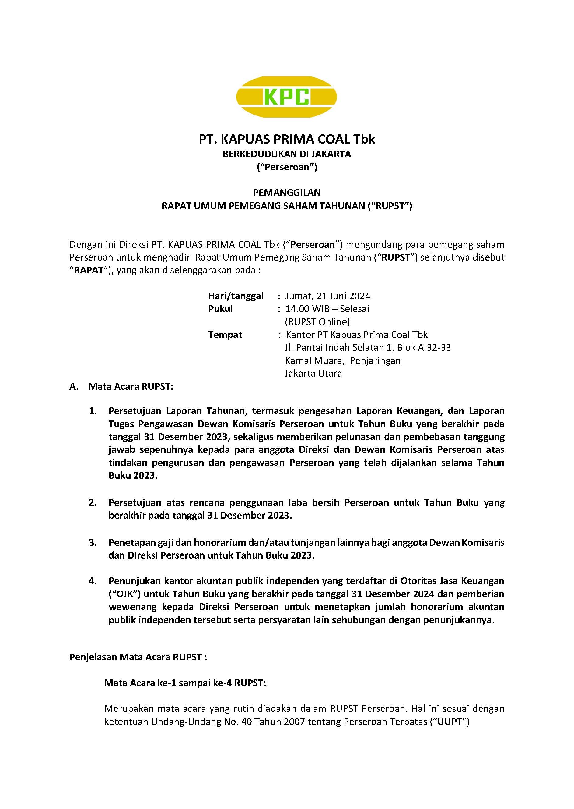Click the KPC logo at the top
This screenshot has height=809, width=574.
pyautogui.click(x=286, y=97)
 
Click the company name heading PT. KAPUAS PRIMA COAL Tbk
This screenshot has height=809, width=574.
pyautogui.click(x=287, y=139)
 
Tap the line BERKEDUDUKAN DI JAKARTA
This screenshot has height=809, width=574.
pyautogui.click(x=287, y=154)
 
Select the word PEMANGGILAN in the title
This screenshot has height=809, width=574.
pyautogui.click(x=287, y=193)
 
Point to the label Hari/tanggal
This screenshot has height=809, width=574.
pyautogui.click(x=235, y=296)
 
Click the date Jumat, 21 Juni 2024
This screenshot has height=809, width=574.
pyautogui.click(x=328, y=296)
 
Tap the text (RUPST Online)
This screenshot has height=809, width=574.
pyautogui.click(x=317, y=322)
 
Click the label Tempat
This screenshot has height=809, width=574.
pyautogui.click(x=225, y=335)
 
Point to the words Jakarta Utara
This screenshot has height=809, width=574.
pyautogui.click(x=313, y=373)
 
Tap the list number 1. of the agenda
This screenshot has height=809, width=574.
pyautogui.click(x=93, y=411)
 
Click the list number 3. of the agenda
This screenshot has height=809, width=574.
pyautogui.click(x=93, y=542)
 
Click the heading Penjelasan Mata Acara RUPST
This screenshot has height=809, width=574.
pyautogui.click(x=138, y=657)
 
